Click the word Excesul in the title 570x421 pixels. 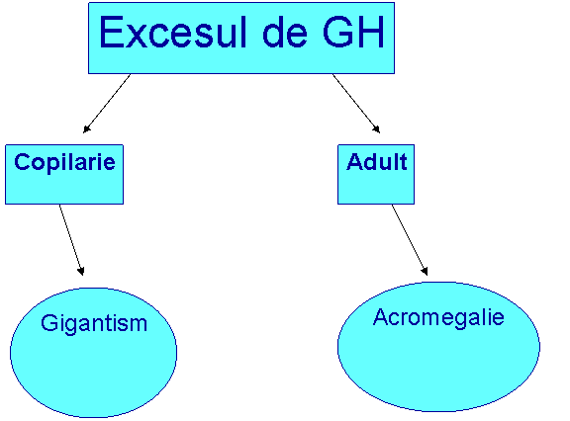172,32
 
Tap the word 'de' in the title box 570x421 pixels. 285,32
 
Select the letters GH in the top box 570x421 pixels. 353,32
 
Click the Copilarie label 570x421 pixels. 64,162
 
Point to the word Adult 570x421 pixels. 377,161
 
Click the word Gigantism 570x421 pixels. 94,324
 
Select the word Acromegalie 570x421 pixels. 438,318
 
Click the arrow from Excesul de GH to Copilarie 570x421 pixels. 107,104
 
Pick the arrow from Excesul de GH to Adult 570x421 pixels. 356,104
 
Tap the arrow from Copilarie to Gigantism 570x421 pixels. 71,240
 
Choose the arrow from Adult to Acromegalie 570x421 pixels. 410,240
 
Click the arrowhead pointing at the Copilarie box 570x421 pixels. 86,129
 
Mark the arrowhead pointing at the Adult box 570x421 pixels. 377,129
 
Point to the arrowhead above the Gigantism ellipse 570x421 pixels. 81,271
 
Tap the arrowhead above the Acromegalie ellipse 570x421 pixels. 425,271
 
